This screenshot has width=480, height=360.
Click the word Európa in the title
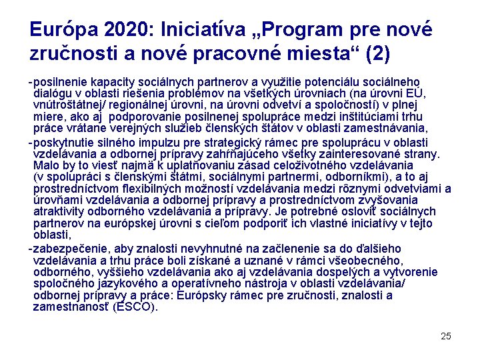click(63, 30)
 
